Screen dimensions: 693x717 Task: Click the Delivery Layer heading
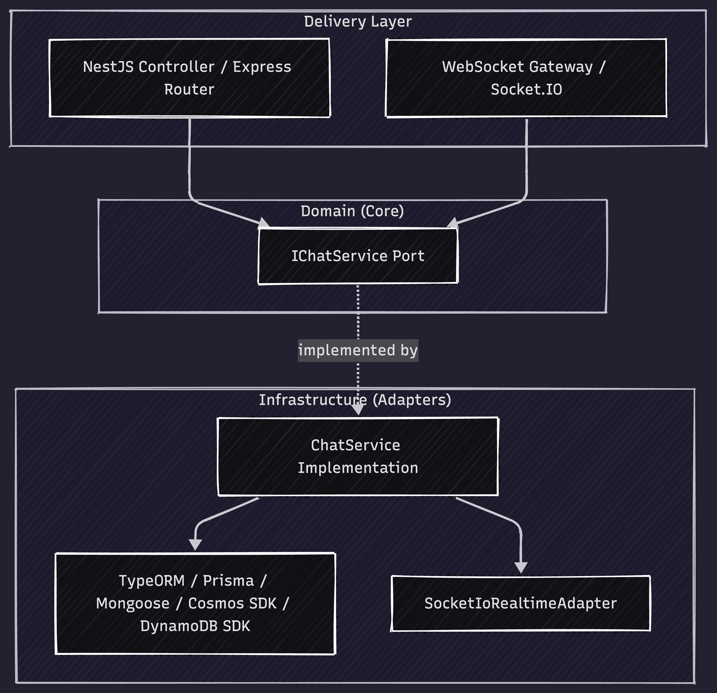(x=357, y=22)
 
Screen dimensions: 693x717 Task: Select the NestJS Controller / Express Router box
(x=189, y=78)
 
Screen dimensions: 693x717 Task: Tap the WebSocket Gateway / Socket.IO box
(x=526, y=78)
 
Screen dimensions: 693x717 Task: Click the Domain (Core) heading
(x=352, y=211)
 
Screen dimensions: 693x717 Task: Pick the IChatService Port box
(x=357, y=256)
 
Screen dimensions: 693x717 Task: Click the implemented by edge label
(x=357, y=350)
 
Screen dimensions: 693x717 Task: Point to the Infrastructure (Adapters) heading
(x=355, y=400)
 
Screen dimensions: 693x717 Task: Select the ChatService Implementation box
(x=357, y=456)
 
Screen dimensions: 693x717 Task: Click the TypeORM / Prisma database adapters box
(x=195, y=603)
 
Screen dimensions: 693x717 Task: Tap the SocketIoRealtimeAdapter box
(x=520, y=603)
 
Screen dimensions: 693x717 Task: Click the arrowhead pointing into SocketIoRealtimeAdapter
(x=521, y=568)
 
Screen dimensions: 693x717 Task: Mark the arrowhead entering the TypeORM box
(x=195, y=545)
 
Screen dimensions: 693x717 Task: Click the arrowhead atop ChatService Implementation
(x=358, y=410)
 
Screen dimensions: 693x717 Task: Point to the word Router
(x=189, y=90)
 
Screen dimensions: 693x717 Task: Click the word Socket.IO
(x=526, y=90)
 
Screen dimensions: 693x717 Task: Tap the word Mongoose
(x=132, y=603)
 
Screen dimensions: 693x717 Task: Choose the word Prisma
(x=228, y=581)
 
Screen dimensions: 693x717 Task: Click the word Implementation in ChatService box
(x=357, y=468)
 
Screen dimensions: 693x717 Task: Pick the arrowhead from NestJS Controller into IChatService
(x=264, y=222)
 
